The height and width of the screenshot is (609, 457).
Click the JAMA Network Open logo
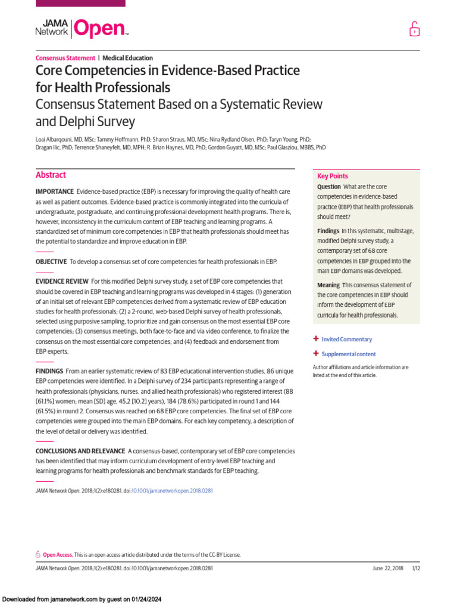point(82,28)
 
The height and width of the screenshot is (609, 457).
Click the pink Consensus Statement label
point(65,58)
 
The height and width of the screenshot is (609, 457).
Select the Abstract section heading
point(51,175)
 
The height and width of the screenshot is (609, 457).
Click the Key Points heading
point(333,176)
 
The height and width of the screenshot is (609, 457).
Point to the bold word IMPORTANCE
point(54,192)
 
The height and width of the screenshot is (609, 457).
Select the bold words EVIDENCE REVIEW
point(62,281)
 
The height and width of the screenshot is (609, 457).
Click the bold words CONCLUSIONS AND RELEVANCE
point(80,451)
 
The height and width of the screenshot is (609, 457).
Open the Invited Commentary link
point(346,340)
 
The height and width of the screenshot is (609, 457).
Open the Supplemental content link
point(348,354)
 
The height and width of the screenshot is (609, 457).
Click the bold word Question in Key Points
point(329,187)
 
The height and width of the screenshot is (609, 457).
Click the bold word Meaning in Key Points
point(328,285)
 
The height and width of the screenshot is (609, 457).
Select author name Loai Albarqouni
point(56,138)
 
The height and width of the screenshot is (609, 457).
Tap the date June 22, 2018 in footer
point(387,568)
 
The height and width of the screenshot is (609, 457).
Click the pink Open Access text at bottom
point(58,554)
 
